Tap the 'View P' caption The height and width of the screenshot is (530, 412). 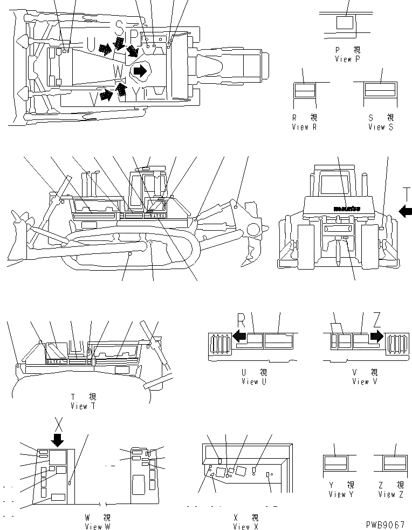347,59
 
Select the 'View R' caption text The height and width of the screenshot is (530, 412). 305,127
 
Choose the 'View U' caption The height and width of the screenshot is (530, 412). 253,381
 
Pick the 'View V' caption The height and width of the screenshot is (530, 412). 360,381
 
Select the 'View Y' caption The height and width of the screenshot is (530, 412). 340,494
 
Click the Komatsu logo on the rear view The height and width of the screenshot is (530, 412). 346,207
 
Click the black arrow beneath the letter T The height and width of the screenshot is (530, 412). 406,210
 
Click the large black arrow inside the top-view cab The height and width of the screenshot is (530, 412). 140,70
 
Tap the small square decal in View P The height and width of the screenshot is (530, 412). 345,23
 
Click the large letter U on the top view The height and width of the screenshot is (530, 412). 90,43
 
